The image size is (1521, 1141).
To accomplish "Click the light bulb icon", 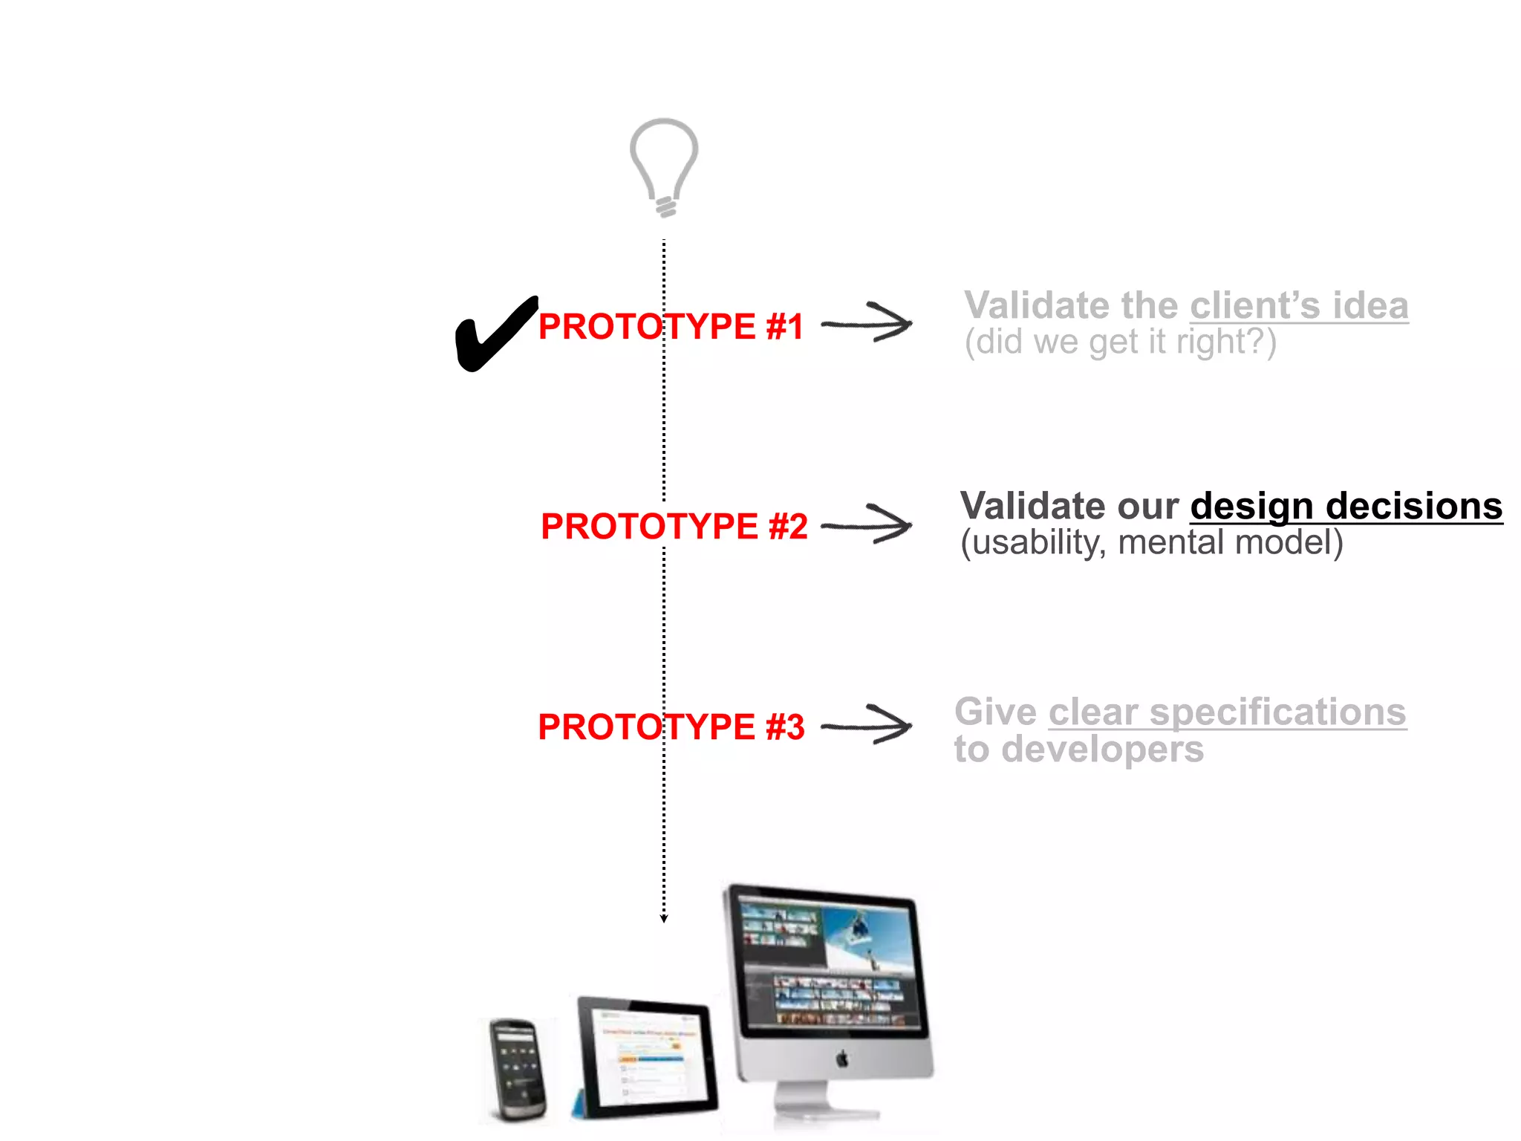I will (664, 166).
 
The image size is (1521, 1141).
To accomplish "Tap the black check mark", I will (493, 335).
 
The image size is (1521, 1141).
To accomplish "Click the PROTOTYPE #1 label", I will (671, 327).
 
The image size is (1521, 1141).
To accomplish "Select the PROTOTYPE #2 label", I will (674, 527).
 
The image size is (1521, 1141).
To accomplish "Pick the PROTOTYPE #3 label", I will (671, 726).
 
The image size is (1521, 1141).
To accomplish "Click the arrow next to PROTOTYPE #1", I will (867, 323).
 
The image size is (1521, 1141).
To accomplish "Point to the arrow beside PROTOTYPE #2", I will (867, 524).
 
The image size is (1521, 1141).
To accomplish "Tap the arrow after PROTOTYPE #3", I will (867, 724).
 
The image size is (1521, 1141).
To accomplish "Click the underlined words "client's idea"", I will (1298, 306).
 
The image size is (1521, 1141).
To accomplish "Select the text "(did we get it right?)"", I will (1120, 342).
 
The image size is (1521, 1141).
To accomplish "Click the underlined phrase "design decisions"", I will (1346, 507).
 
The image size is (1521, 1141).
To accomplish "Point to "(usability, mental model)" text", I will (1151, 543).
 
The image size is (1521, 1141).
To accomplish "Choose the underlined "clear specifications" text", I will (1227, 712).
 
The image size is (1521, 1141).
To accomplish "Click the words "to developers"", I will (1078, 749).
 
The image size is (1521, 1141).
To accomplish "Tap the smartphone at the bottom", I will (517, 1069).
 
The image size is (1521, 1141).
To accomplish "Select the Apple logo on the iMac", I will (842, 1059).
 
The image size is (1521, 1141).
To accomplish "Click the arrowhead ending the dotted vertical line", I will (664, 919).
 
